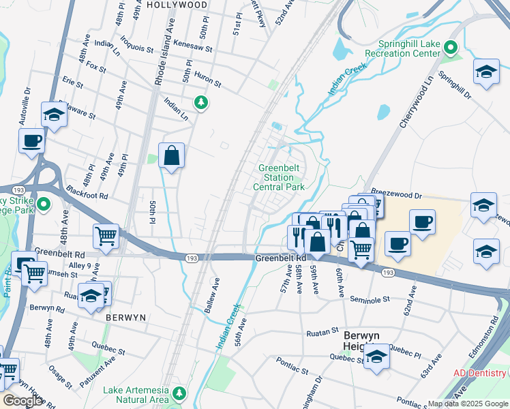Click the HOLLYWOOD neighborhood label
point(177,4)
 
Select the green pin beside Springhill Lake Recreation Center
point(450,47)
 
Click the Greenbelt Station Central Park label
point(278,177)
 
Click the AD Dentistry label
point(481,374)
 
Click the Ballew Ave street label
point(211,295)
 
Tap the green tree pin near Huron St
point(200,102)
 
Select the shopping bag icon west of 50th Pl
point(172,155)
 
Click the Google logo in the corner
point(22,401)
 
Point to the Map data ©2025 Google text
point(468,404)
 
